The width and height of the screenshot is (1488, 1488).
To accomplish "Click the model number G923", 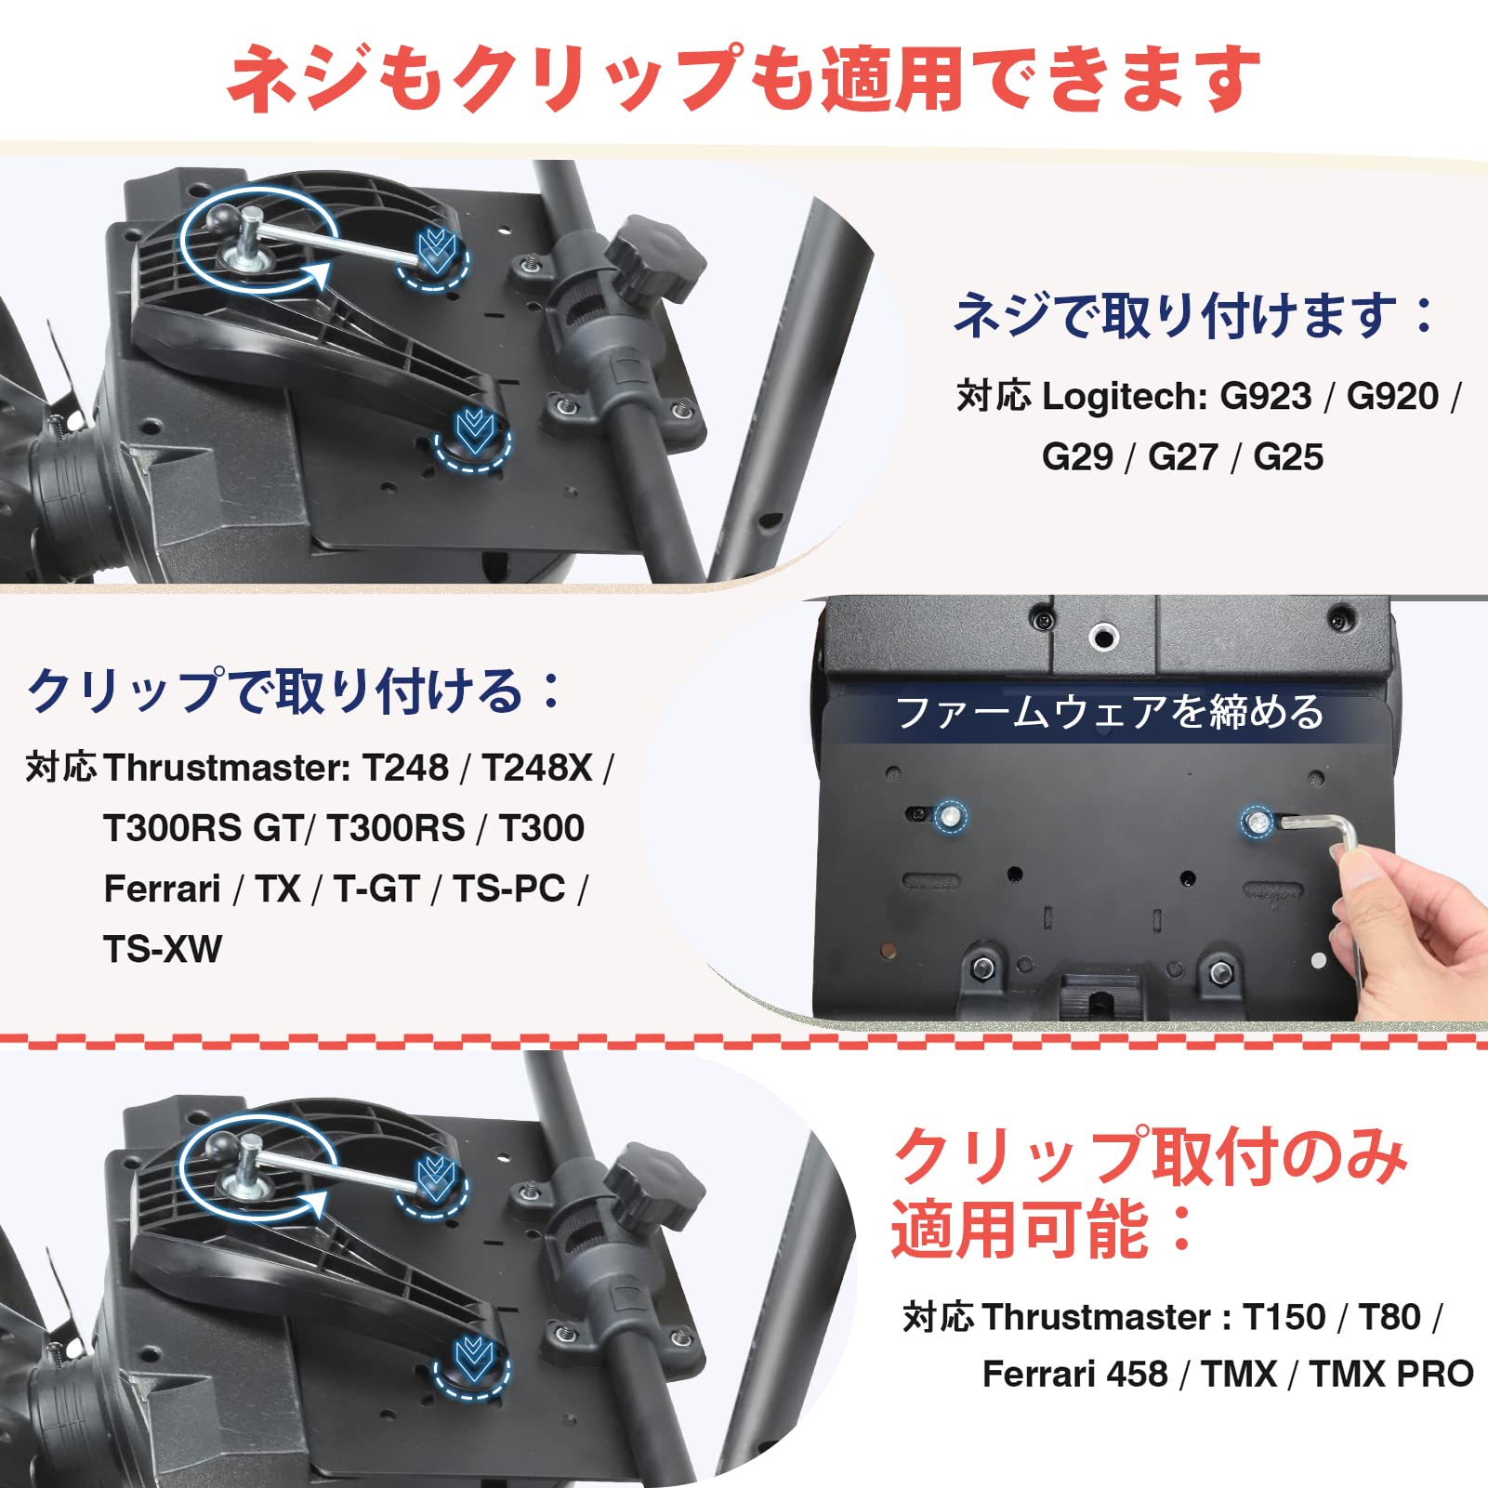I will click(1265, 397).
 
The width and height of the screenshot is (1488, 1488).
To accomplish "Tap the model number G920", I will click(1392, 397).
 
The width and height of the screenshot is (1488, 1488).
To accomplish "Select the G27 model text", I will click(1182, 457).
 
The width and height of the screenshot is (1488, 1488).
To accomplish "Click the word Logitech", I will click(1124, 397).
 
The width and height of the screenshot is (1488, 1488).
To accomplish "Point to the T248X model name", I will click(536, 768).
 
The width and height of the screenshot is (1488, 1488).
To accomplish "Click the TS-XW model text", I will click(163, 949).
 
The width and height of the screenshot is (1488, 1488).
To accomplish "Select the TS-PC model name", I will click(509, 889).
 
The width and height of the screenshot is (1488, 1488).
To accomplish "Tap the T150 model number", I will click(1284, 1317).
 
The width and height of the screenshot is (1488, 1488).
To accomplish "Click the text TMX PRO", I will click(1390, 1374).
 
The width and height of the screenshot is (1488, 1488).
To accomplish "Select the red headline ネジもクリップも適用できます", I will click(744, 79).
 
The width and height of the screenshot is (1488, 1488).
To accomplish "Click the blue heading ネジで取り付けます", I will click(1193, 315).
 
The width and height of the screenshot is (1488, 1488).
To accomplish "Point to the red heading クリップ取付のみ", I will click(1150, 1156).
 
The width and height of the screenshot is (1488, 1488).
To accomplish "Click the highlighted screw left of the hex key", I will click(950, 817).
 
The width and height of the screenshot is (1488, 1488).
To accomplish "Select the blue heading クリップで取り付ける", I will click(294, 691).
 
